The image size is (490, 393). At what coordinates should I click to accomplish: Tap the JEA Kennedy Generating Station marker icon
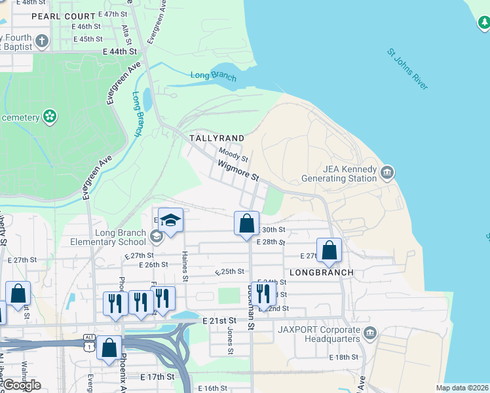(x=387, y=173)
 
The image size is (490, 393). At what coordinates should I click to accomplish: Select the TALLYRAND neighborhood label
(x=216, y=138)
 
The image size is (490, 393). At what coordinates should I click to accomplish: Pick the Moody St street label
(x=233, y=155)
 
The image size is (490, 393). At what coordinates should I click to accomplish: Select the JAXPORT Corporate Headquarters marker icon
(x=369, y=333)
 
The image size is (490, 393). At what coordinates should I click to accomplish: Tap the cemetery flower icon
(x=49, y=117)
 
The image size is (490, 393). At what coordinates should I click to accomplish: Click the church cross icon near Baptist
(x=43, y=42)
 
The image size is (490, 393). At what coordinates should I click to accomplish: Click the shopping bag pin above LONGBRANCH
(x=328, y=250)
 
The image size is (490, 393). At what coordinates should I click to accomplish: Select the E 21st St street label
(x=219, y=320)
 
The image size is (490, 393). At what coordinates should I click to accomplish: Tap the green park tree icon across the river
(x=483, y=24)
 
